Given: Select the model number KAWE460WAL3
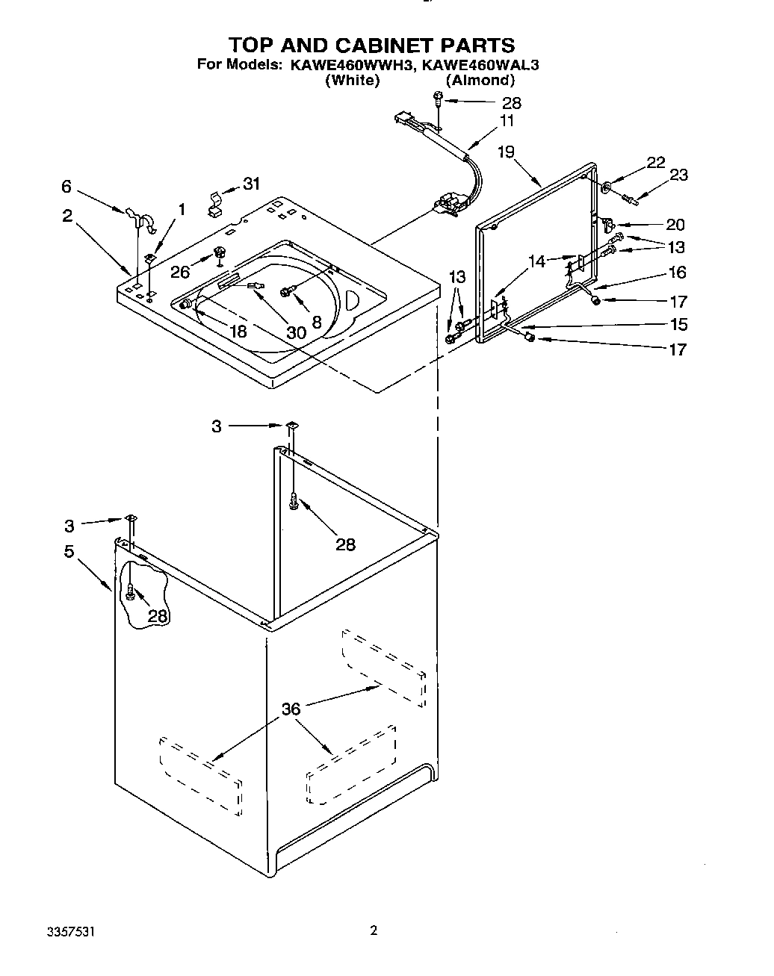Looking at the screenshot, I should click(x=480, y=65).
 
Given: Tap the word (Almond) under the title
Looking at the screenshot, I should click(x=480, y=81).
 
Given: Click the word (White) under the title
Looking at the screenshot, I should click(x=353, y=81).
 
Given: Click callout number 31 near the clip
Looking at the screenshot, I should click(x=252, y=184).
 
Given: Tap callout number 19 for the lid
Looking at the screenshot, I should click(x=506, y=153).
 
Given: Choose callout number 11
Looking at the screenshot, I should click(x=507, y=121).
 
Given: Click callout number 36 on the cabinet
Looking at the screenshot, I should click(x=291, y=709).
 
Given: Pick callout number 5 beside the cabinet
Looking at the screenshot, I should click(x=69, y=552).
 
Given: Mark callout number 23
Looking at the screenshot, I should click(x=678, y=175).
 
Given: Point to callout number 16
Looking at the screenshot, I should click(x=678, y=273).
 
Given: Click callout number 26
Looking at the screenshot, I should click(x=180, y=273).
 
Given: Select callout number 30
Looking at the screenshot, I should click(x=296, y=332).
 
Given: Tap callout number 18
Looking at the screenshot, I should click(x=238, y=331).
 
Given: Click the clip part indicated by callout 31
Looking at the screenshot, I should click(x=214, y=204).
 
